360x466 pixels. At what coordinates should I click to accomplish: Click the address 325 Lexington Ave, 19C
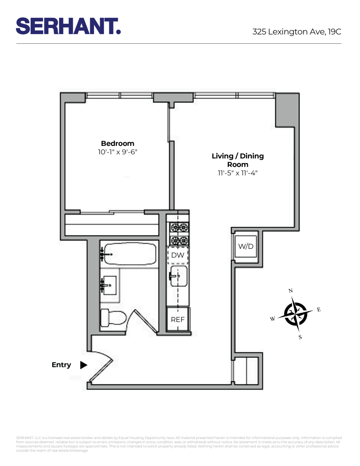(x=297, y=32)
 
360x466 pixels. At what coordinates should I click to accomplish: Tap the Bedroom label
(x=117, y=144)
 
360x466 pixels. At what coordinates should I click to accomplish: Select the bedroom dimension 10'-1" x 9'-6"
(x=117, y=152)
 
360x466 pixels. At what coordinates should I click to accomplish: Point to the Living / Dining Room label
(x=238, y=160)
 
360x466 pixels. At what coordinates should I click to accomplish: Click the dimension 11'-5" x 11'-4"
(x=238, y=173)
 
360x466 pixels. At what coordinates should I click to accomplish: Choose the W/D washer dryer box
(x=245, y=246)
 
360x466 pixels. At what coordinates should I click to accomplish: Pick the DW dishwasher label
(x=177, y=255)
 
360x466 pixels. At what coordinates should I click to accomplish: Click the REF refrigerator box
(x=177, y=320)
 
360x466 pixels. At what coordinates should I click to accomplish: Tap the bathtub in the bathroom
(x=129, y=255)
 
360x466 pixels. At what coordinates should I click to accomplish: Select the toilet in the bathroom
(x=113, y=318)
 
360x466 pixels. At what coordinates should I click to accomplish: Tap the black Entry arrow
(x=83, y=365)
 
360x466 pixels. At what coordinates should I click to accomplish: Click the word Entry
(x=61, y=365)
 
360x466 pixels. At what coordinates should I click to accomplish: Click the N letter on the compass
(x=291, y=291)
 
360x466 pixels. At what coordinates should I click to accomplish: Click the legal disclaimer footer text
(x=179, y=444)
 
